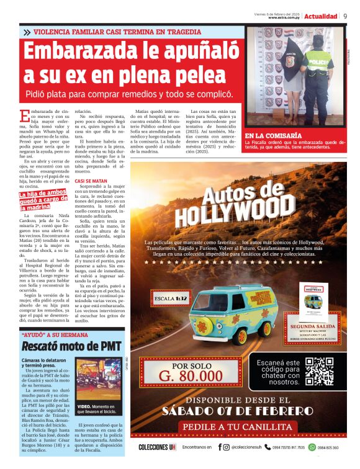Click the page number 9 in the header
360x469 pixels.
point(345,16)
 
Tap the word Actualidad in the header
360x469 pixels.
point(321,16)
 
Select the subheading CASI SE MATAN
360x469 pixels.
point(91,181)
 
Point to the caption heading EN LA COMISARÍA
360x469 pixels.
point(273,135)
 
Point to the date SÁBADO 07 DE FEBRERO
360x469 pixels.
point(238,411)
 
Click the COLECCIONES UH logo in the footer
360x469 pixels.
point(158,447)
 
